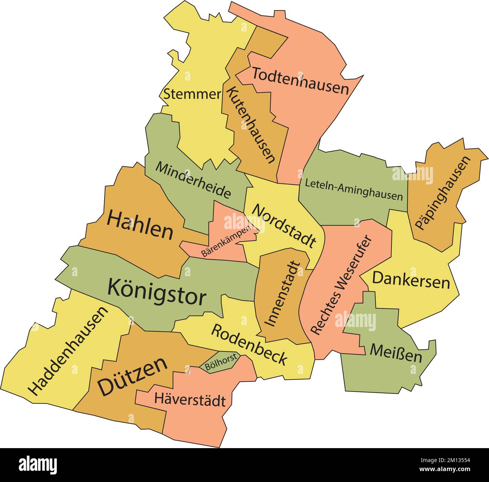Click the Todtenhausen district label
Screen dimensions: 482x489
[x=300, y=81]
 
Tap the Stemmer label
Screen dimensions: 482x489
[x=192, y=94]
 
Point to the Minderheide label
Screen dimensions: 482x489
[x=193, y=180]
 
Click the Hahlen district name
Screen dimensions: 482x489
[x=140, y=225]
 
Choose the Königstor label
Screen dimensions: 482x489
[x=156, y=293]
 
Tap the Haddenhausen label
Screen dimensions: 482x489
[x=68, y=351]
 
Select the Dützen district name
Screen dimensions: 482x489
[x=132, y=376]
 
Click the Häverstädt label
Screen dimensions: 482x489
[x=190, y=400]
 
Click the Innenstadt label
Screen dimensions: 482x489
[x=283, y=294]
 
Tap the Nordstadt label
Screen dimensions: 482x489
[x=283, y=225]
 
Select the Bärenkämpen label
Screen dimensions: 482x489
[x=226, y=242]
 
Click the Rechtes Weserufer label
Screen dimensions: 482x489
[x=342, y=285]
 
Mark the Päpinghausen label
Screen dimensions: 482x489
[x=443, y=193]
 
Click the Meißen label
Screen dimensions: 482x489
[x=396, y=353]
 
